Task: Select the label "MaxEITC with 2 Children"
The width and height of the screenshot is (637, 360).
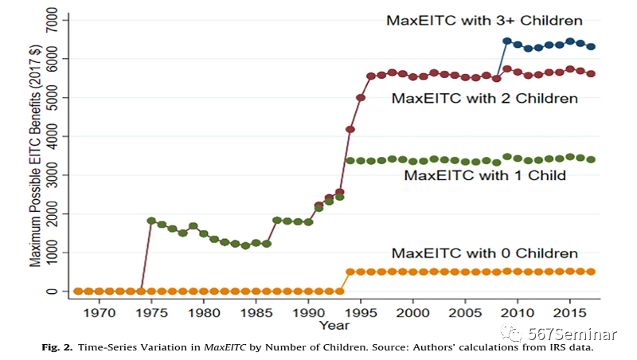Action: click(x=484, y=99)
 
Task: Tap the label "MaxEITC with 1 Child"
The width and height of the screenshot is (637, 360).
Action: click(x=485, y=175)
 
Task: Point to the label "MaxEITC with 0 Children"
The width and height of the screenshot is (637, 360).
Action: click(x=484, y=253)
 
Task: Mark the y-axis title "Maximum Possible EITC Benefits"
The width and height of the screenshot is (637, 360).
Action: click(x=37, y=155)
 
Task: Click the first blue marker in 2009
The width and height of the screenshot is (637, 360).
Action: click(x=506, y=41)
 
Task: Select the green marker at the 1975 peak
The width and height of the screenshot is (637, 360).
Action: click(x=151, y=221)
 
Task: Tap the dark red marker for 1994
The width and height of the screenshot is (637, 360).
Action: click(x=350, y=129)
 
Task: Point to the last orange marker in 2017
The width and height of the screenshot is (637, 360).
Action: click(x=590, y=272)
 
